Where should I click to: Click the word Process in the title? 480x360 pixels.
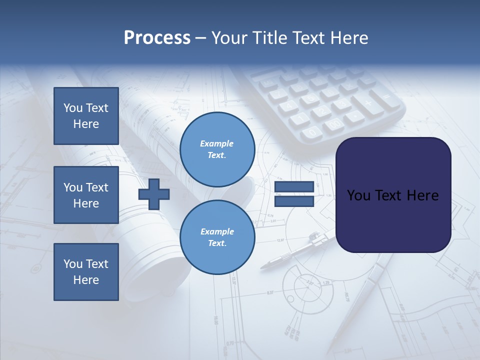tap(157, 38)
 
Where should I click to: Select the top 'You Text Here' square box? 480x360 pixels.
tap(86, 116)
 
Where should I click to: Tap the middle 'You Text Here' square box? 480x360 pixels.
tap(86, 195)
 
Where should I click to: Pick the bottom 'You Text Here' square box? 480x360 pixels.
tap(86, 272)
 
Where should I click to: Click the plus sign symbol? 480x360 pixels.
tap(154, 194)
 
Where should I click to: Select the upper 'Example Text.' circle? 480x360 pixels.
tap(217, 149)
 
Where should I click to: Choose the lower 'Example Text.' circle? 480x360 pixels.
tap(217, 237)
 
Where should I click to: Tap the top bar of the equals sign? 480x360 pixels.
tap(294, 187)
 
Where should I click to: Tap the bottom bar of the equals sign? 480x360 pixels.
tap(294, 201)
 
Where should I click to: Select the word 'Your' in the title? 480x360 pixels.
tap(229, 38)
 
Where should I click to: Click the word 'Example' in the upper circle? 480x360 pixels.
tap(217, 143)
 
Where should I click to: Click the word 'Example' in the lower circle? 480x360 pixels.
tap(217, 231)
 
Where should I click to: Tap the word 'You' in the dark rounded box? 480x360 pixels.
tap(358, 195)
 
